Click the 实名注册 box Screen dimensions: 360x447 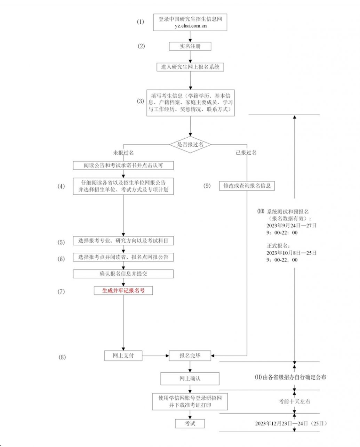click(x=190, y=46)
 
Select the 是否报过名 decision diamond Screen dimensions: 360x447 click(x=190, y=145)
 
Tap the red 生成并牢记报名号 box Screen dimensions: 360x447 click(x=123, y=291)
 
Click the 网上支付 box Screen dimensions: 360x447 click(x=123, y=356)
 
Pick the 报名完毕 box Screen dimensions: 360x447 click(x=190, y=356)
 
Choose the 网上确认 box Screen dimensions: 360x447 click(x=190, y=379)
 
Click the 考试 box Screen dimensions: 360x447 click(x=190, y=424)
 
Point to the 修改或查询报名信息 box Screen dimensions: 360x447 click(x=247, y=186)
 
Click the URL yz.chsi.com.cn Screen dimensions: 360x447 click(x=191, y=26)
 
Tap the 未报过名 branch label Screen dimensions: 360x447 click(x=123, y=153)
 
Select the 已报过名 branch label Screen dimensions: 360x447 click(x=246, y=153)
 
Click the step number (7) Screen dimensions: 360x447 click(x=61, y=292)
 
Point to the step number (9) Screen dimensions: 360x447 click(x=207, y=186)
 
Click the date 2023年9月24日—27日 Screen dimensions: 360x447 click(x=291, y=226)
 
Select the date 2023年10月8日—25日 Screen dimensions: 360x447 click(x=291, y=253)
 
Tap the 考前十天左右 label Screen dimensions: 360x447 click(x=294, y=401)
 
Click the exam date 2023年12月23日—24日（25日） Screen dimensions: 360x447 click(x=291, y=423)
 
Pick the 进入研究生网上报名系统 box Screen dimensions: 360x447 click(x=190, y=67)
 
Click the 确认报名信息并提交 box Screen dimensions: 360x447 click(x=123, y=274)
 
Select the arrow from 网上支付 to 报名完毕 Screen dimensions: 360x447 click(x=156, y=356)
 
